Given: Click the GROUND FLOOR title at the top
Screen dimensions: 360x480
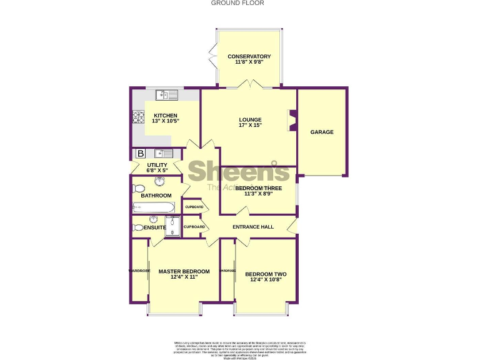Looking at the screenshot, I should pos(237,3).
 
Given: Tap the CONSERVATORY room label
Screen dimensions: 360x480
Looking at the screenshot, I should pos(249,56).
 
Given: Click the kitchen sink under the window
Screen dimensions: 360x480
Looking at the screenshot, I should pos(167,95).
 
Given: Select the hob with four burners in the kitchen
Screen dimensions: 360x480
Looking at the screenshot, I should pos(137,117).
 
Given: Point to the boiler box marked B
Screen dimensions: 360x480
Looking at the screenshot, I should pos(140,154).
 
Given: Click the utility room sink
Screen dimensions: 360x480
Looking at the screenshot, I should pos(163,153).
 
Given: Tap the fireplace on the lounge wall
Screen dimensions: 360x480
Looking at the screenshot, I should pos(291,120).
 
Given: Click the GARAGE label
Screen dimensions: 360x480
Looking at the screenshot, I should pos(322,132).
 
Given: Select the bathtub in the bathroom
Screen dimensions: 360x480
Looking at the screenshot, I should pos(152,207).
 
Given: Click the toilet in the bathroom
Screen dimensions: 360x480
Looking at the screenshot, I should pos(139,187).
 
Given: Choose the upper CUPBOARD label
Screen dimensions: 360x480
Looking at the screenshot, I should pos(194,207).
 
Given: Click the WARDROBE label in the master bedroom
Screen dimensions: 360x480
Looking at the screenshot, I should pos(139,271).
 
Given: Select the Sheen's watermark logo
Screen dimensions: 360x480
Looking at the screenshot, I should pos(239,171).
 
